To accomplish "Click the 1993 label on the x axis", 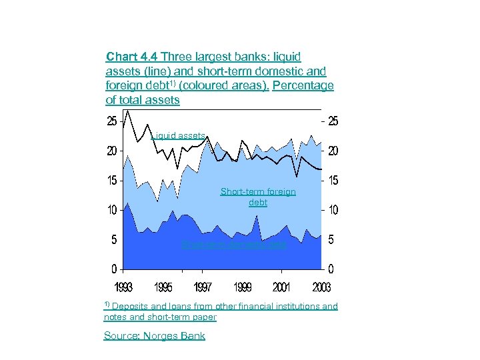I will tap(123, 287).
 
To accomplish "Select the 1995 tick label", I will tap(163, 287).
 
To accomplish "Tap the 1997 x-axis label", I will tap(203, 287).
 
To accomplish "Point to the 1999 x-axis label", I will tap(243, 287).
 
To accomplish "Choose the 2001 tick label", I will tap(282, 287).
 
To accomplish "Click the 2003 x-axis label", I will tap(321, 287).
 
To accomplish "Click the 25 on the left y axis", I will tap(111, 121).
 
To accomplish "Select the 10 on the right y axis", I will tap(331, 211).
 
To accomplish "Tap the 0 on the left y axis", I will tap(114, 269).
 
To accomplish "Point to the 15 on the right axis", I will tap(331, 181).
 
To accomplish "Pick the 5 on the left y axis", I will tap(114, 240).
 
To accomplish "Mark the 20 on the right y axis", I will tap(331, 151).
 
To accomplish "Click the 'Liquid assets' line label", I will tap(178, 135).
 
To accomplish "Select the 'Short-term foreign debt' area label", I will tap(258, 197).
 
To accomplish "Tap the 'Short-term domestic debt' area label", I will tap(234, 245).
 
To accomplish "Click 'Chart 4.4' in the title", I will tap(132, 57).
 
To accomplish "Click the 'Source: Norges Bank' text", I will tap(155, 336).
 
